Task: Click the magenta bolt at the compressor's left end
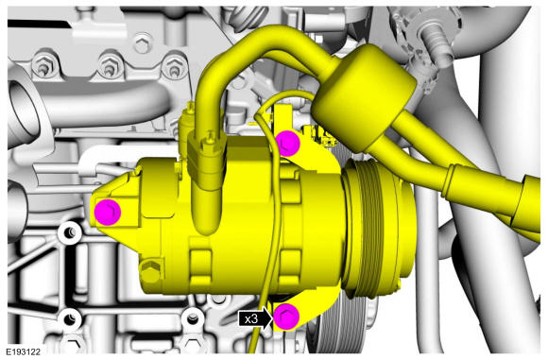coord(108,212)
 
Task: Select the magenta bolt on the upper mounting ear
coord(287,144)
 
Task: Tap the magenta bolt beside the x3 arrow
coord(286,317)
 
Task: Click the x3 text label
coord(251,318)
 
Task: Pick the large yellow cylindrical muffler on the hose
coord(364,98)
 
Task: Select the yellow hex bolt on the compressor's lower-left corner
coord(150,271)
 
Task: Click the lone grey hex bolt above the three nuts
coord(143,43)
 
